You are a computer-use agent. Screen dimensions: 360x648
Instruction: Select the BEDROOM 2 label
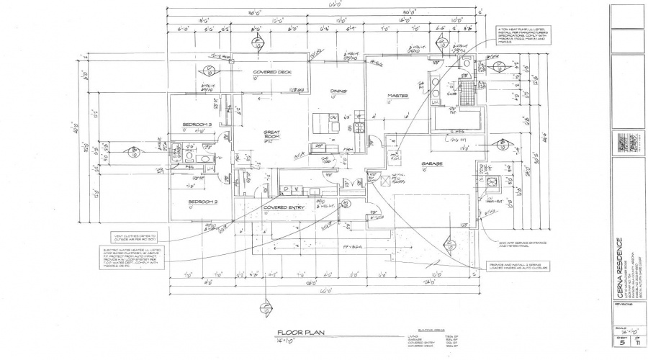point(202,202)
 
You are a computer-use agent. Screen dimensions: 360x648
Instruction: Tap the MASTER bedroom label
point(398,95)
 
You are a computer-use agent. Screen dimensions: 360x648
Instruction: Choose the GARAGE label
point(432,163)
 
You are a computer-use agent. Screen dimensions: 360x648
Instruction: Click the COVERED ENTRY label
point(284,208)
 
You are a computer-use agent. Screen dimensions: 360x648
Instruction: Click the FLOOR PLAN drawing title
point(298,333)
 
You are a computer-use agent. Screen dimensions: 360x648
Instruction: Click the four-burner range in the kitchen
point(358,127)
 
